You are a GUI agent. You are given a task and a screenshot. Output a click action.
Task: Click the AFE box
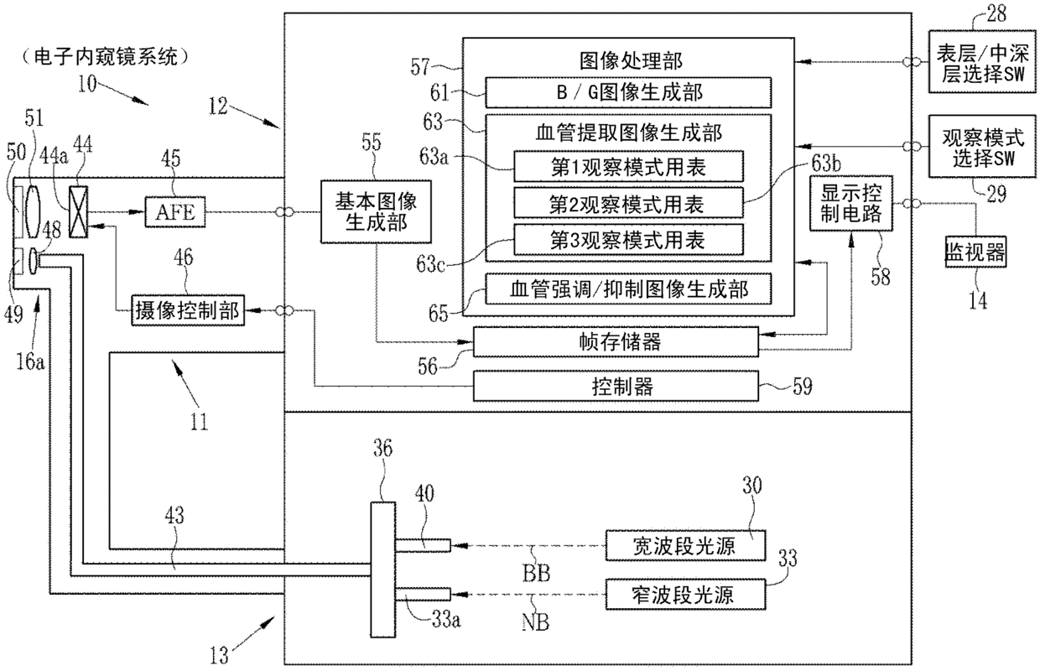[174, 212]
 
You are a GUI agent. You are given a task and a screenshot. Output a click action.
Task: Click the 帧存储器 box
[615, 341]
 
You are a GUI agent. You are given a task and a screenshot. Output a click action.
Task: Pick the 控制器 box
[615, 387]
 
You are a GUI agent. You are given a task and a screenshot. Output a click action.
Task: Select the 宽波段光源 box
[686, 545]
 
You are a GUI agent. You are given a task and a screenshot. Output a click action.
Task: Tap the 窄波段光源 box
[686, 595]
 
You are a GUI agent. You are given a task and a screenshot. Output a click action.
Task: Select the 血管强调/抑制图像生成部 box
[627, 289]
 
